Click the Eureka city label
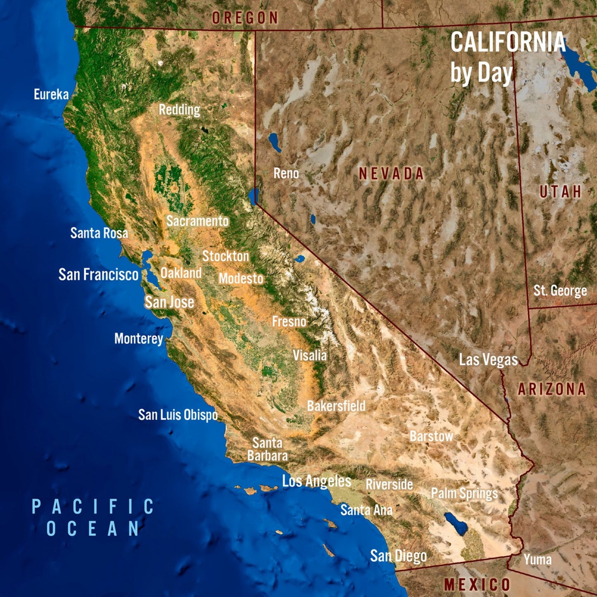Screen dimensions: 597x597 [51, 94]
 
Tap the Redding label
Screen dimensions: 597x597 [179, 109]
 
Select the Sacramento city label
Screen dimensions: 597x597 [197, 221]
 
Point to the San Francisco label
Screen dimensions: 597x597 [98, 274]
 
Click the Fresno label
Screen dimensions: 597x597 [289, 321]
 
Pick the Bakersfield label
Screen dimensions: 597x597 [336, 406]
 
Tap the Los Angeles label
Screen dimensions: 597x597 [316, 481]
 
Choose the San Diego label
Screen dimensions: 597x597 [398, 556]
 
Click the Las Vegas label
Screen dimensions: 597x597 [488, 359]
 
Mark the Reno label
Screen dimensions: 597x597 [286, 173]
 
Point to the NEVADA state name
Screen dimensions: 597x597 [391, 174]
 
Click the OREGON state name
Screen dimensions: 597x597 [245, 18]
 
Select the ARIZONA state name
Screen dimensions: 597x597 [552, 389]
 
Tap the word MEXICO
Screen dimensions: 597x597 [477, 585]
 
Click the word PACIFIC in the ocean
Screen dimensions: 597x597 [93, 507]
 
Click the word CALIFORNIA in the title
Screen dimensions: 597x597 [508, 42]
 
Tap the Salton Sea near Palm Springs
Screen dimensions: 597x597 [456, 523]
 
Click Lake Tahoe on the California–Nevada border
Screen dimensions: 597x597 [254, 196]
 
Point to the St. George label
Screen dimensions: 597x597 [560, 290]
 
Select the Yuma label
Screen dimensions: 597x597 [538, 559]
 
